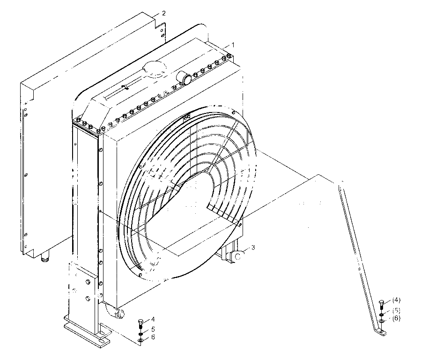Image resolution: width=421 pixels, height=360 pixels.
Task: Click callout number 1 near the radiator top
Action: point(233,45)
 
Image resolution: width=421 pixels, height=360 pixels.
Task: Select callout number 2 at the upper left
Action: point(164,13)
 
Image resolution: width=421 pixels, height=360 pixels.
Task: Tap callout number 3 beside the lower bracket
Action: point(253,247)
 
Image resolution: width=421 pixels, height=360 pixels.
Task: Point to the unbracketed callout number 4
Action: point(153,319)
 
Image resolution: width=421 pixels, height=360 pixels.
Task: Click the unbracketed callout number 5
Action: point(153,329)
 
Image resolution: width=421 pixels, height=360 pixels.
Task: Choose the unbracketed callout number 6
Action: point(153,337)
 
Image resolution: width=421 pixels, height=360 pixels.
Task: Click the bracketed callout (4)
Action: point(396,300)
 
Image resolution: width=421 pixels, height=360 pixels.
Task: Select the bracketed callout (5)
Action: point(396,311)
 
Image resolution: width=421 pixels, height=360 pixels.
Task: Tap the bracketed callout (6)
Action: point(396,318)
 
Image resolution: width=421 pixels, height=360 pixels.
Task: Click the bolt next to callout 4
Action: point(140,324)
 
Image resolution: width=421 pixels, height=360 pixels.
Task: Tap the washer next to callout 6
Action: point(140,341)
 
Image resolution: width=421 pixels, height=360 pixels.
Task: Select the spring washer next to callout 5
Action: point(140,334)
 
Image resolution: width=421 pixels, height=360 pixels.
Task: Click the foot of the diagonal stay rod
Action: point(381,332)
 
